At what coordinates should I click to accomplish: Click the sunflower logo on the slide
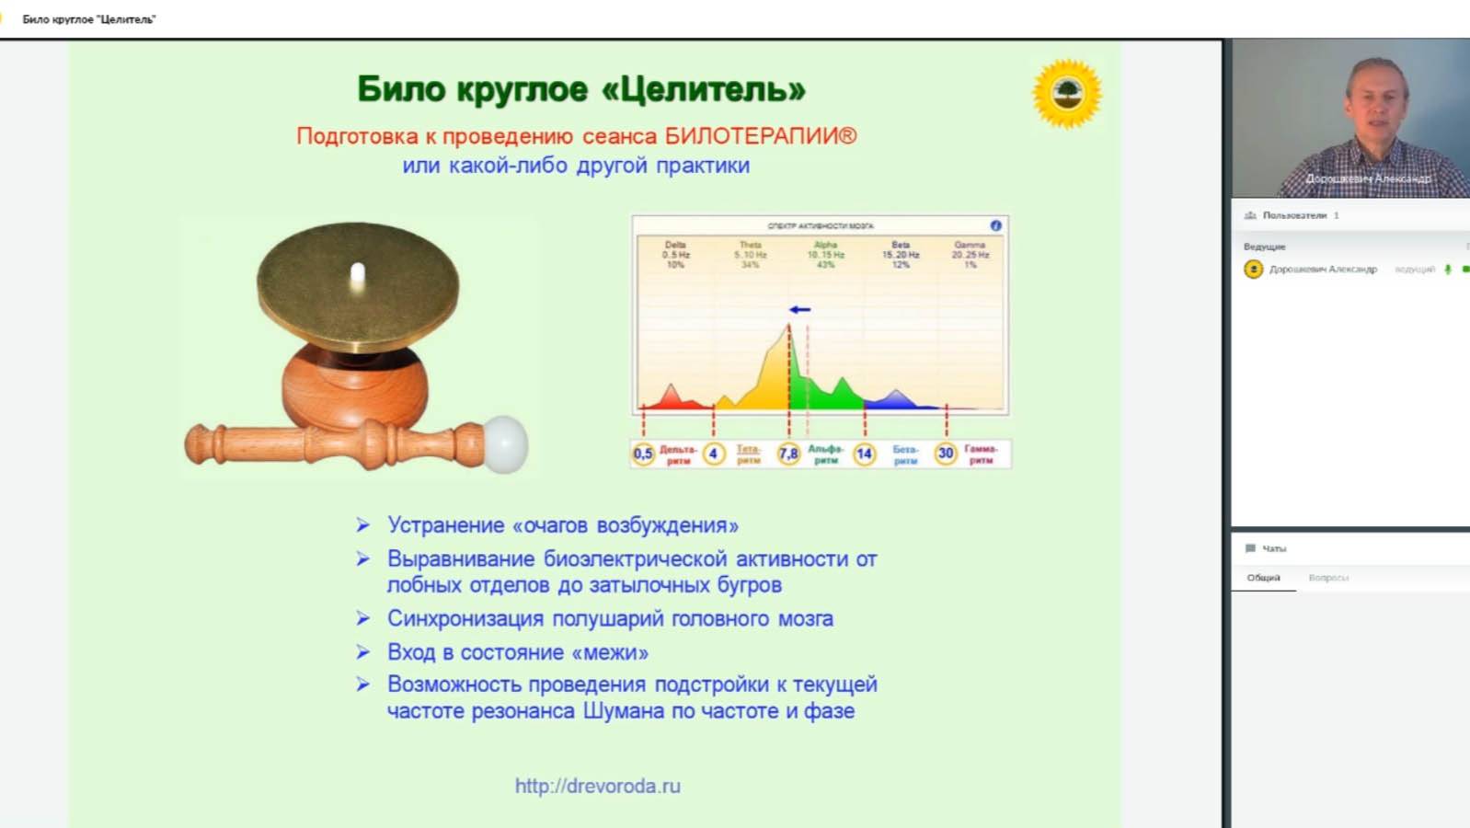1067,93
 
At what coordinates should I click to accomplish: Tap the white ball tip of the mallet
504,443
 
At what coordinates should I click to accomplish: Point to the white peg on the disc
358,274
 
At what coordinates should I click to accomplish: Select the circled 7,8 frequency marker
788,454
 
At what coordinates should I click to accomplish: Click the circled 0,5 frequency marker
643,454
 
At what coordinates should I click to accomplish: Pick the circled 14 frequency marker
864,454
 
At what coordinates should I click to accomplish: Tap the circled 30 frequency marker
946,454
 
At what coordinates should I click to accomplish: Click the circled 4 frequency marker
713,454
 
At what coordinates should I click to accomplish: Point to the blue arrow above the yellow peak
799,309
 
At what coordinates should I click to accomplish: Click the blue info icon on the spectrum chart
995,225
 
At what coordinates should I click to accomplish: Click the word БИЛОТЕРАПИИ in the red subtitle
760,136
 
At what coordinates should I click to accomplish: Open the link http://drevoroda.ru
598,786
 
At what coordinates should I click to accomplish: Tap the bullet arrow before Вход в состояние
363,652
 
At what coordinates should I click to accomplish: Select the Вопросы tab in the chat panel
1328,578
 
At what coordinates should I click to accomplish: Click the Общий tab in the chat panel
1263,578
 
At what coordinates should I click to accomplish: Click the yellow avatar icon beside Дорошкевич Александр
1253,269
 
